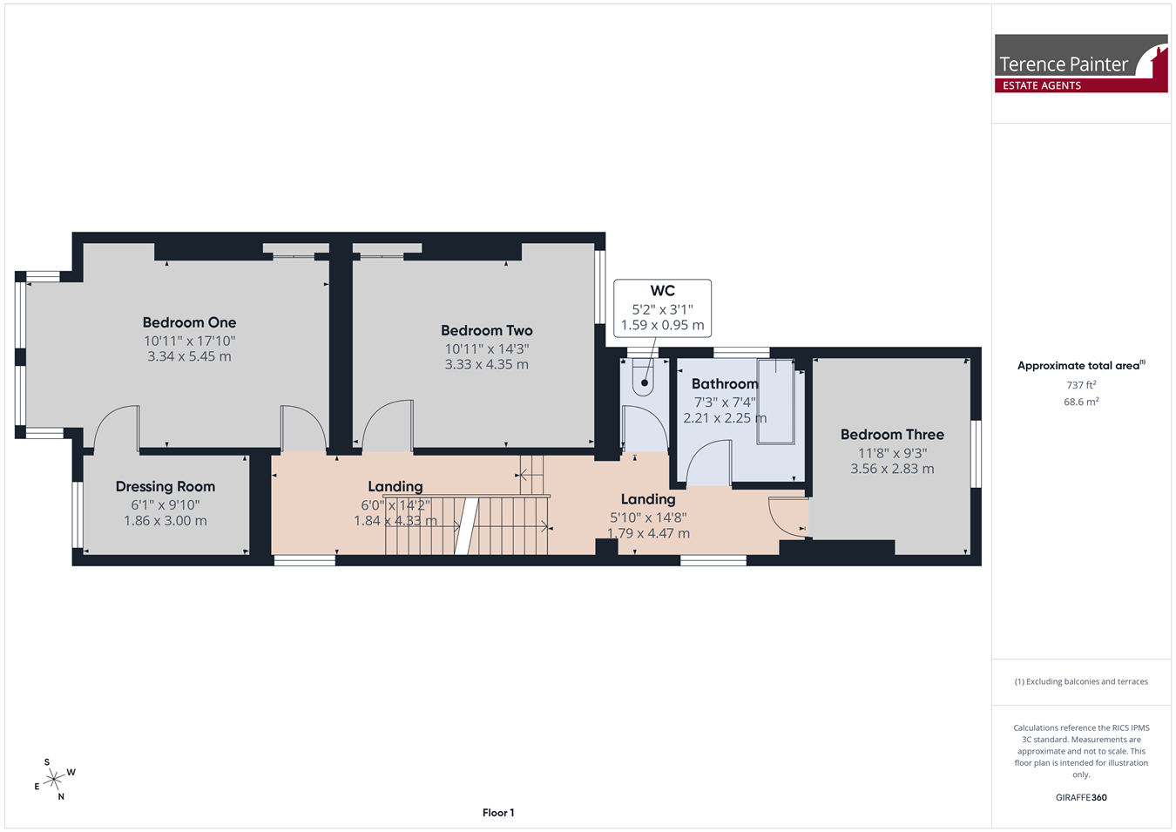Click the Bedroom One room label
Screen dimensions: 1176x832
pos(190,322)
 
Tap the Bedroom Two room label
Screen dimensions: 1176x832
pos(487,330)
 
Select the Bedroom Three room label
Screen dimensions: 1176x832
pos(892,435)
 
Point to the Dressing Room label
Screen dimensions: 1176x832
pos(166,487)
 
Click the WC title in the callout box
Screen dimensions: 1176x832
pos(663,291)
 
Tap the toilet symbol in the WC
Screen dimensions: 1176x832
pos(643,378)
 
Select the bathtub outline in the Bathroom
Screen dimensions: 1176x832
pos(775,402)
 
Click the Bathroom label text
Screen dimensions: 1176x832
pos(725,383)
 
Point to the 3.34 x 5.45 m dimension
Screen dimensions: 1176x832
pos(189,356)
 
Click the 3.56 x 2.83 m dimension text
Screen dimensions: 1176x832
pos(892,469)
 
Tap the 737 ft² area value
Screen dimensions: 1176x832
pos(1081,385)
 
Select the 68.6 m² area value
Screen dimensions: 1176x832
pos(1081,402)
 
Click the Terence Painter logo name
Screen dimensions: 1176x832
pos(1063,64)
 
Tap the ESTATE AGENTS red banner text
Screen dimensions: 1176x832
pos(1042,85)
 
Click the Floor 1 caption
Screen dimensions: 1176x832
pos(498,813)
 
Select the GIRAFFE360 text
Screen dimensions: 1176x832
pos(1081,797)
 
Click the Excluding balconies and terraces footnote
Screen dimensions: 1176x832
pos(1081,681)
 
